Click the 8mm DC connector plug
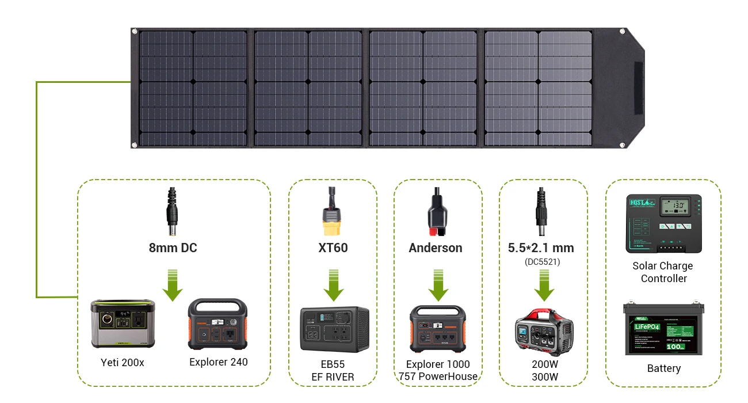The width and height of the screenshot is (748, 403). pos(172,213)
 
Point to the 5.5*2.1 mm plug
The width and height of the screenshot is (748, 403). pos(541,213)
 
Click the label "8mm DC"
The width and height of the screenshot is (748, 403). pos(173,248)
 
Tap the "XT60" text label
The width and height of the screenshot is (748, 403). pos(333,248)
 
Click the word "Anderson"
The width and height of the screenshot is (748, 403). pos(436,248)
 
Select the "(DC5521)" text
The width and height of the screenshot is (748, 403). pos(541,261)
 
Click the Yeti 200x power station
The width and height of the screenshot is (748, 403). pos(123,324)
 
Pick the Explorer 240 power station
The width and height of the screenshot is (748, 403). pos(217,324)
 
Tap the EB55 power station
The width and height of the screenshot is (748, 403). pos(334,329)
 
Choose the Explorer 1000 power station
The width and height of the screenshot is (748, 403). pos(438,329)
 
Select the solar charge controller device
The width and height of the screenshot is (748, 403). pos(663,224)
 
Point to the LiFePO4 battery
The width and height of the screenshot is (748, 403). pos(663,329)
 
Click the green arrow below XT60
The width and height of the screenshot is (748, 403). pos(334,285)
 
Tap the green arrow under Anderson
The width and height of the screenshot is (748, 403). pos(438,285)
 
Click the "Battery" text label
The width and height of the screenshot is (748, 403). pos(663,368)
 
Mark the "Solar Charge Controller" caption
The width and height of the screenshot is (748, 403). pos(663,272)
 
